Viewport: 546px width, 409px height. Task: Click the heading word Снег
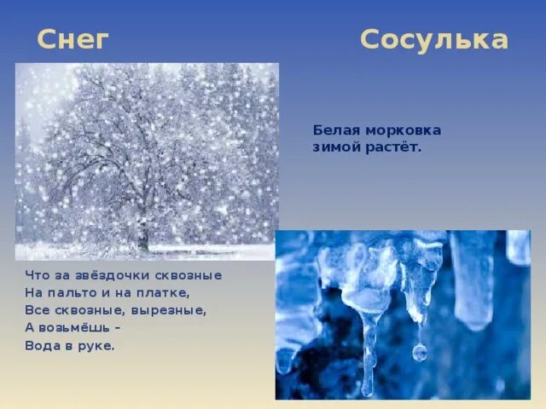click(x=73, y=39)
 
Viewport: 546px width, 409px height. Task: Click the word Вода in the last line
click(x=44, y=346)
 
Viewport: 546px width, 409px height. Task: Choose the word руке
click(x=96, y=346)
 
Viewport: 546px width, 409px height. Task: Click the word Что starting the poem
click(x=37, y=275)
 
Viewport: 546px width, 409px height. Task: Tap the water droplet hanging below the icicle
click(x=419, y=351)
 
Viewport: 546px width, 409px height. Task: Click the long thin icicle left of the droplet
click(x=369, y=349)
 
